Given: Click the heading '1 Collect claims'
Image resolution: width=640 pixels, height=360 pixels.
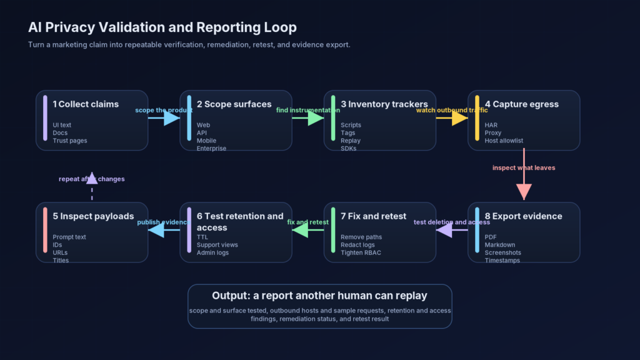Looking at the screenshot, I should (x=86, y=104).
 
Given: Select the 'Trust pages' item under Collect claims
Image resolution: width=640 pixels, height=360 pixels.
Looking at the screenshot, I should (x=70, y=141).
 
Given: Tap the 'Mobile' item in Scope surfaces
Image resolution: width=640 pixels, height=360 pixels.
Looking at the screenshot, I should (x=206, y=141).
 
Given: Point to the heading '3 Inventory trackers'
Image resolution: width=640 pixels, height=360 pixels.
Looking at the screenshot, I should (x=384, y=104).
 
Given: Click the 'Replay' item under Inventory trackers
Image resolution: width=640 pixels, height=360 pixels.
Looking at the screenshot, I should (x=351, y=141).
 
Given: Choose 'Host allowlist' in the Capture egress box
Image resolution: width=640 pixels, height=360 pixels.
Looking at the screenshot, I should (x=504, y=141).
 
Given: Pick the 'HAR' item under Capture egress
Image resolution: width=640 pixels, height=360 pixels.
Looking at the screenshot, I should (x=491, y=125).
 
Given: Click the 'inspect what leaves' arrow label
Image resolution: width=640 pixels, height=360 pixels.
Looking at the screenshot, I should (x=524, y=167).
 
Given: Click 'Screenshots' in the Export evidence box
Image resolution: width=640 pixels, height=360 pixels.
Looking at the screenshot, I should (x=502, y=252).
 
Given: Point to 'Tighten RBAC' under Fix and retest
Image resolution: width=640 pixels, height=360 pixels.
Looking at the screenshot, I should (x=360, y=252).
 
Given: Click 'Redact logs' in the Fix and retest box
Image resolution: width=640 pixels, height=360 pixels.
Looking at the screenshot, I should (x=357, y=245).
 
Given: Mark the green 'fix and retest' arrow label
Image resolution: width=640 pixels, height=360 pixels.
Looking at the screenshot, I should (x=307, y=222).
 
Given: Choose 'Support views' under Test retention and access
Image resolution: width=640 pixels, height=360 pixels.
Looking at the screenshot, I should (x=217, y=245).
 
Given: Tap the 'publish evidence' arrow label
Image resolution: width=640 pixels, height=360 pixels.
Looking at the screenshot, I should (x=164, y=222).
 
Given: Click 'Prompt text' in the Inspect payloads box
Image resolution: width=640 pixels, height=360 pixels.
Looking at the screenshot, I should (x=69, y=237).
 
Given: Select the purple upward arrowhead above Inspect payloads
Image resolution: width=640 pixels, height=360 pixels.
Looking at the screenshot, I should (x=92, y=178).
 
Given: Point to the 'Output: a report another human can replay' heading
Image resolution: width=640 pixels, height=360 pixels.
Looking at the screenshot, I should (x=319, y=296).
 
